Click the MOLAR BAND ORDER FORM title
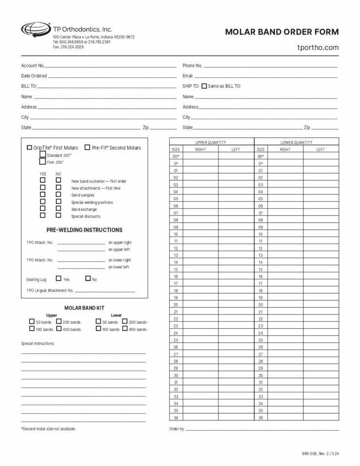282,32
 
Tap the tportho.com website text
318,47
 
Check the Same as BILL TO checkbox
204,86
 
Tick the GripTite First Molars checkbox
30,147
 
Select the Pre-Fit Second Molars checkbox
87,147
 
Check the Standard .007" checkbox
43,155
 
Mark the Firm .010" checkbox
43,162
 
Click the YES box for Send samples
43,194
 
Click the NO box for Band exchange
58,208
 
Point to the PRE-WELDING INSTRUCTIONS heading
84,230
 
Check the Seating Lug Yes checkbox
59,279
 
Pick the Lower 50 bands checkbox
98,321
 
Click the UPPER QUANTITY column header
211,142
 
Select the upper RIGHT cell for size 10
201,234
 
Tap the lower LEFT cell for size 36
320,418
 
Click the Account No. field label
33,66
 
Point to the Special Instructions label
38,343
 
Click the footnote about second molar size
48,429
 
